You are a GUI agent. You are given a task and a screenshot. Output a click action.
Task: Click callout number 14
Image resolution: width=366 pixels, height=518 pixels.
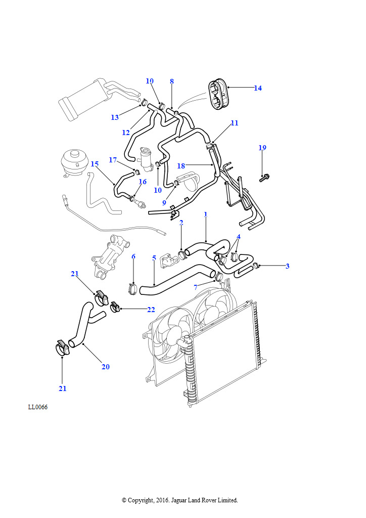click(258, 88)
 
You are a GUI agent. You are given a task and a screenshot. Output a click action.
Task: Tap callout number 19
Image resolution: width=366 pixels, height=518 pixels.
click(262, 148)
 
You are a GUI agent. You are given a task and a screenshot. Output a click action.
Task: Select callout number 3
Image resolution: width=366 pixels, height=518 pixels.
click(287, 266)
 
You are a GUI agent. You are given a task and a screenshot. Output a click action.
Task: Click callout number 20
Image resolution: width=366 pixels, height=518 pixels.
click(105, 367)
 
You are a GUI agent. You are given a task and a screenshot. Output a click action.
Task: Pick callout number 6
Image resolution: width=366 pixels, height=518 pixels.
click(133, 256)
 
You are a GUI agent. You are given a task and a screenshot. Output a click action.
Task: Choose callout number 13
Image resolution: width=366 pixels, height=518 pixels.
click(115, 117)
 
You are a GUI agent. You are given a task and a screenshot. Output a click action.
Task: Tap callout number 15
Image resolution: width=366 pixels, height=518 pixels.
click(95, 164)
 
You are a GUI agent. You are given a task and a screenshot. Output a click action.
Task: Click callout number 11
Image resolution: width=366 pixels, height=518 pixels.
click(234, 122)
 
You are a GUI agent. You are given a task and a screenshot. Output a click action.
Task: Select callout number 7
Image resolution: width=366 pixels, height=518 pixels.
click(196, 287)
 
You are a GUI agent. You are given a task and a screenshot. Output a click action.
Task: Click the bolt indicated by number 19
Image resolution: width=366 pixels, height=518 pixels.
click(264, 177)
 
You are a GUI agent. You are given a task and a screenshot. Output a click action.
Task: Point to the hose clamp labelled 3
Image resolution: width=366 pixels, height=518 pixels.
click(256, 265)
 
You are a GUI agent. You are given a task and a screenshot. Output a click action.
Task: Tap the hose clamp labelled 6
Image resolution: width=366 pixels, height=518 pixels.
click(132, 289)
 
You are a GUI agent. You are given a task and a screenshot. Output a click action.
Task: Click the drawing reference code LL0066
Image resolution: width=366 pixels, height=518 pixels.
click(38, 407)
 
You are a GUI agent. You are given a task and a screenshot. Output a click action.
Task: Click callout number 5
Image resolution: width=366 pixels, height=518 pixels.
click(154, 258)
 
